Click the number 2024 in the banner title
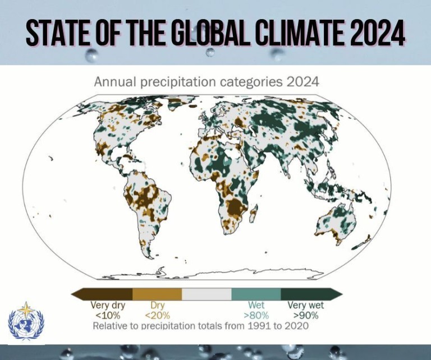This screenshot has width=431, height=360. pyautogui.click(x=377, y=35)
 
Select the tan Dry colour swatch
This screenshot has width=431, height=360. pyautogui.click(x=157, y=294)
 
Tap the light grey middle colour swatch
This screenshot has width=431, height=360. pyautogui.click(x=207, y=294)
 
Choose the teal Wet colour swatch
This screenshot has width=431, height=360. pyautogui.click(x=256, y=294)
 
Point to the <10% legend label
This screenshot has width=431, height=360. pyautogui.click(x=108, y=315)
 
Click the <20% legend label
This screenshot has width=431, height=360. pyautogui.click(x=157, y=315)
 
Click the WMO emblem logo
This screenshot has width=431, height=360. pyautogui.click(x=26, y=322)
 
